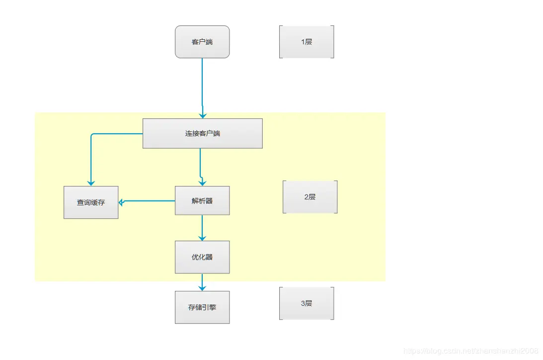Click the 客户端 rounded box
[202, 42]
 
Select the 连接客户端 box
[202, 133]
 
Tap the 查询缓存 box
[91, 202]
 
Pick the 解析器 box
[202, 201]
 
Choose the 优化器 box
[202, 257]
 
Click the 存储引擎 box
[202, 307]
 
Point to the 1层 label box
[307, 42]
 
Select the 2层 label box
[310, 197]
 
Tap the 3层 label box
[307, 303]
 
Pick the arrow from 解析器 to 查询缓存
[149, 201]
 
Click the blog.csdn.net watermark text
[471, 351]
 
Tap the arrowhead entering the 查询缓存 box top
[91, 182]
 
